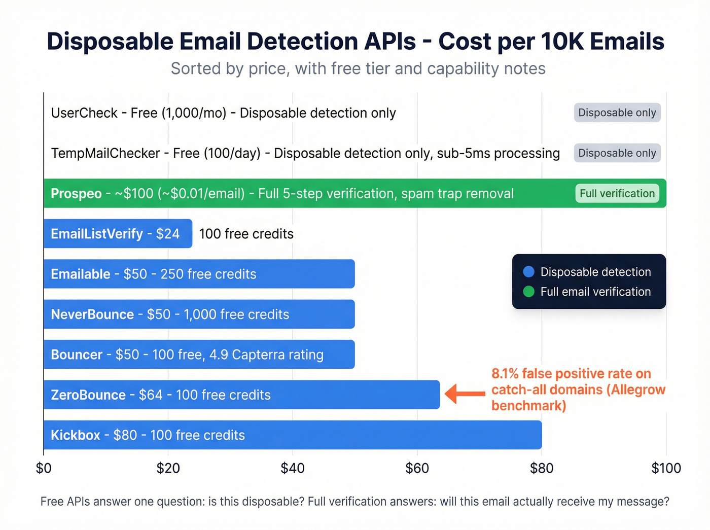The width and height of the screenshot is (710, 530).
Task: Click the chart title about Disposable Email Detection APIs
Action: click(355, 42)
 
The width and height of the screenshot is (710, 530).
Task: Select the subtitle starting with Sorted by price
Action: click(358, 68)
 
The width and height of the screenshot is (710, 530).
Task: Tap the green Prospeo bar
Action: click(355, 193)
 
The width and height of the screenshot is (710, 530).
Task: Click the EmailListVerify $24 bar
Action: click(118, 234)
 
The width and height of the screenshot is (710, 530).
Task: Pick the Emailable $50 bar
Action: click(199, 274)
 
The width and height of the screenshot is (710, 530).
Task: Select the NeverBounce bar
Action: click(199, 314)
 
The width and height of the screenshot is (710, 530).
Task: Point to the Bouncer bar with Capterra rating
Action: click(199, 355)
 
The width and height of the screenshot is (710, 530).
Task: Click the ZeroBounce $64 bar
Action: click(241, 395)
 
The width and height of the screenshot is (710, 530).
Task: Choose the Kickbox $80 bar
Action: click(292, 435)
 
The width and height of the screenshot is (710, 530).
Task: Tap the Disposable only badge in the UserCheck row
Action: click(617, 113)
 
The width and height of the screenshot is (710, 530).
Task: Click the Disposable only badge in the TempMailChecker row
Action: click(617, 153)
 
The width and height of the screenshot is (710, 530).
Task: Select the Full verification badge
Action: click(617, 193)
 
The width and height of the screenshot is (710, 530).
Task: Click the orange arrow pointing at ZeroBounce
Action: click(465, 394)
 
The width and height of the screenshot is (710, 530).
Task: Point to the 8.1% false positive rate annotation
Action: click(578, 390)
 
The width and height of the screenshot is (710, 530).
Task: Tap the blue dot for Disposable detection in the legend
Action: click(528, 272)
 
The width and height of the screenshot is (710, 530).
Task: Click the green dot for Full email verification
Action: click(528, 292)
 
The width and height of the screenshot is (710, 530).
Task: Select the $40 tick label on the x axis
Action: click(293, 468)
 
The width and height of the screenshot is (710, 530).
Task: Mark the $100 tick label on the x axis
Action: click(666, 468)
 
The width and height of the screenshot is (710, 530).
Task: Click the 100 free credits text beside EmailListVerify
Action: click(246, 234)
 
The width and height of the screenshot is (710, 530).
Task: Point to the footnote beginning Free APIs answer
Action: click(354, 502)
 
